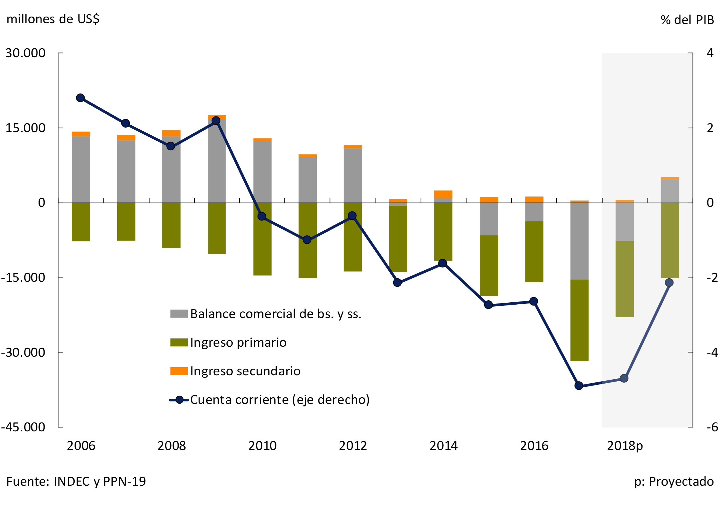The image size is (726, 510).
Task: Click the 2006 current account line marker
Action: coord(80,98)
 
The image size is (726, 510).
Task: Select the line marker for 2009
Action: coord(216,120)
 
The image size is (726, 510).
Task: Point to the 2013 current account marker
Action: coord(398,283)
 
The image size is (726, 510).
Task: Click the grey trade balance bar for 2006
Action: coord(81,169)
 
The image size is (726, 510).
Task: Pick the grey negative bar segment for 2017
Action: coord(579,241)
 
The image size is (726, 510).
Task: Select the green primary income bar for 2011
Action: coord(307,241)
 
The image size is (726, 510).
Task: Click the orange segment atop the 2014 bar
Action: coord(443,194)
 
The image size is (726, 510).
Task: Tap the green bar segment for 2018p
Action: coord(625,279)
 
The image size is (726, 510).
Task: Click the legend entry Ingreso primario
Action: coord(238,342)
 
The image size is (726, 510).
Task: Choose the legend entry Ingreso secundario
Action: coord(245,371)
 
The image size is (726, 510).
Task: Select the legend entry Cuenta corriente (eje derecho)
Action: coord(280,400)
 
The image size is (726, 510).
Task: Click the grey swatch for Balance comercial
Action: coord(179,313)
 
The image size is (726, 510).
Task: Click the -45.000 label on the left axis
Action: coord(23,427)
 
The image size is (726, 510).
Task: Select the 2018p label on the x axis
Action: coord(625,446)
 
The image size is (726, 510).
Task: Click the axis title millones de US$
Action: coord(53,19)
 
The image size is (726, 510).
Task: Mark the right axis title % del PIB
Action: coord(687,20)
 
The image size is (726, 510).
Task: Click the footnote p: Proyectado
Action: coord(674,481)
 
